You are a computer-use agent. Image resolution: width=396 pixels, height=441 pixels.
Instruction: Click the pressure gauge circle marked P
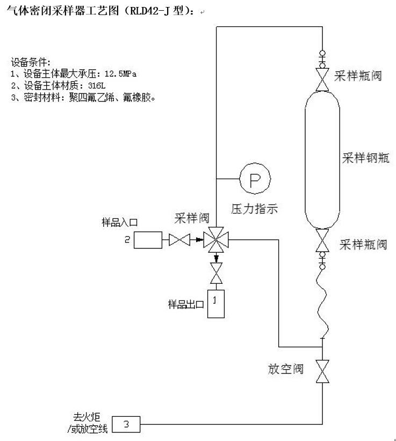[x=254, y=179]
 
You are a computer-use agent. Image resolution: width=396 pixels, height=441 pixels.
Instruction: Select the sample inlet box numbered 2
[x=148, y=240]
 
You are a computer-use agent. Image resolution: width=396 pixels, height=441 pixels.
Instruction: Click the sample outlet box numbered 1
[x=216, y=304]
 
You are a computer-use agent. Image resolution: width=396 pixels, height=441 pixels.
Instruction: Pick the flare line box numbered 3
[x=126, y=425]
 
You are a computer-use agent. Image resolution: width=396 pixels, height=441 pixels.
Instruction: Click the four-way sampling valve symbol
[x=215, y=240]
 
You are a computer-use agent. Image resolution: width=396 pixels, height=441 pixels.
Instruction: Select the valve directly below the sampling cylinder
[x=323, y=242]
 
